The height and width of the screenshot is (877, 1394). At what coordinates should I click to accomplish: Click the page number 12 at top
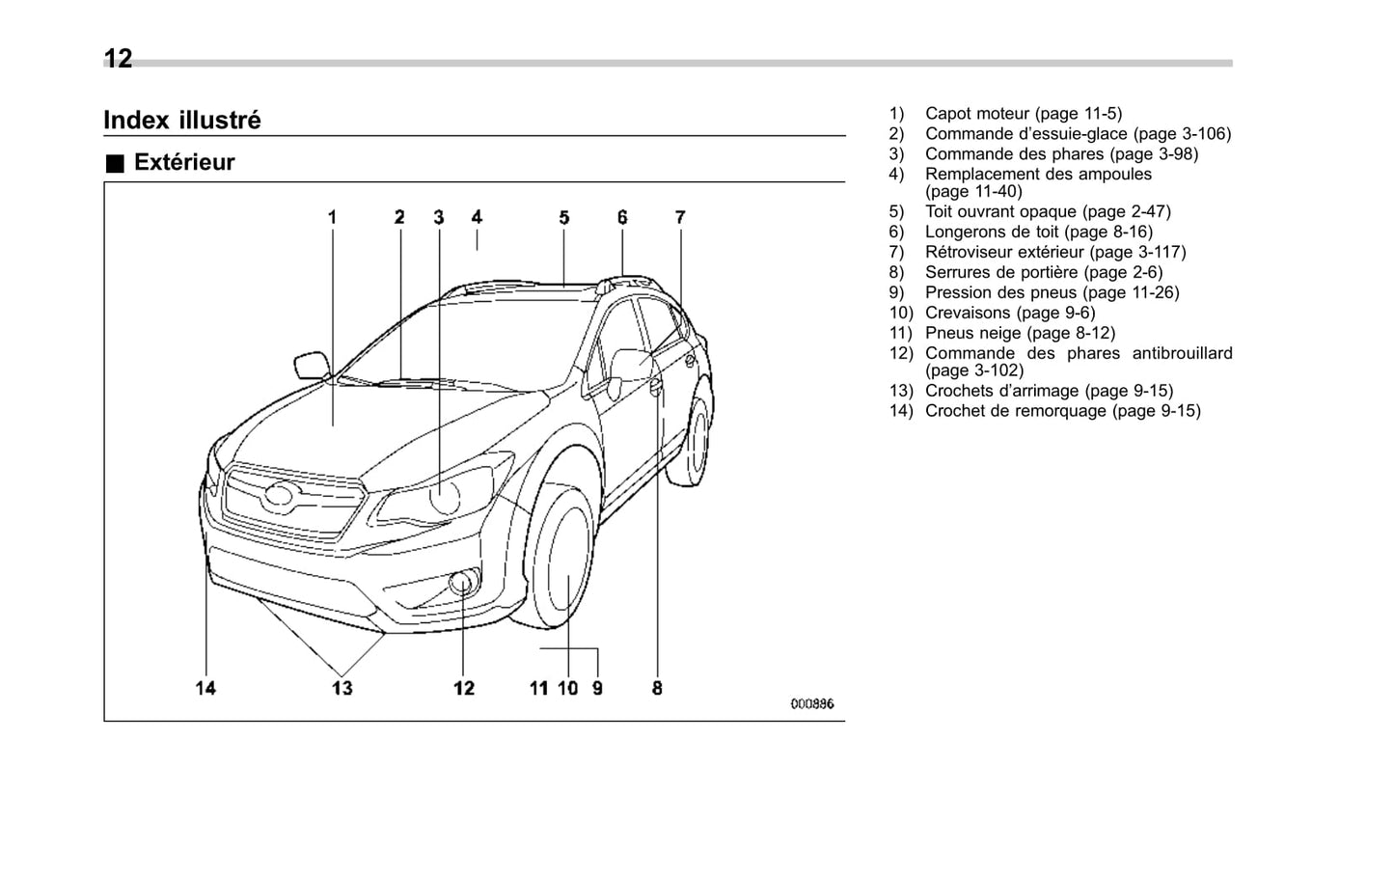click(x=118, y=60)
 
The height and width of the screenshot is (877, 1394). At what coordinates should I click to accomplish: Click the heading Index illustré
click(x=181, y=121)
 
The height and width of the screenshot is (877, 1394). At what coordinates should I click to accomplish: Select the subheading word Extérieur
click(x=184, y=162)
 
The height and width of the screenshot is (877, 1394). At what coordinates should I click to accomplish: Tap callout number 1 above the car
click(x=332, y=217)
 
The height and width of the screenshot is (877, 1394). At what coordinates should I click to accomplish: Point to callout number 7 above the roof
click(x=680, y=217)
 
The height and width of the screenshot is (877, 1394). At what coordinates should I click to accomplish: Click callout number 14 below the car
click(x=205, y=688)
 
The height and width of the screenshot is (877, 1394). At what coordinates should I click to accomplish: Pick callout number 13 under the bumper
click(x=342, y=688)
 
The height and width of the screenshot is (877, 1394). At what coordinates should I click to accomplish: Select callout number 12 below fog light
click(x=464, y=688)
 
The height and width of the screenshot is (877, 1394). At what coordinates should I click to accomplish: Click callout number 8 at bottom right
click(x=657, y=688)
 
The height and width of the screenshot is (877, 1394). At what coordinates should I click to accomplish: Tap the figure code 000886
click(x=811, y=704)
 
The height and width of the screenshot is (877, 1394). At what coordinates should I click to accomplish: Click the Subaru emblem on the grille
click(x=280, y=496)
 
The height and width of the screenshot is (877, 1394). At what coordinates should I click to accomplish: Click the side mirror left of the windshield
click(x=311, y=365)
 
